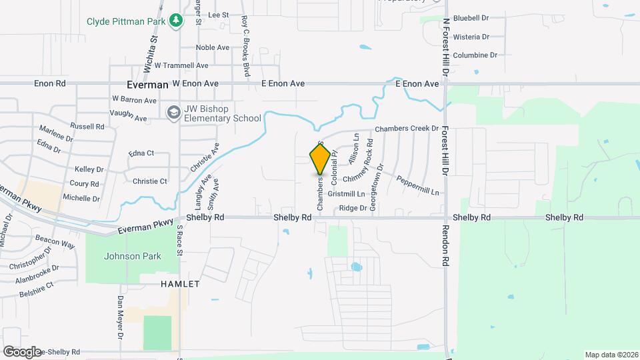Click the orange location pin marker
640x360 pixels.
coord(320,158)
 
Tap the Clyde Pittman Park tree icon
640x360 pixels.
coord(175,21)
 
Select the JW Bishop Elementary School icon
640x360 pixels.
coord(173,112)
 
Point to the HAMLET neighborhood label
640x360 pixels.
coord(180,284)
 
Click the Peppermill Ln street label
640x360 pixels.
coord(418,185)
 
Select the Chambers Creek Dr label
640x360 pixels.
coord(407,128)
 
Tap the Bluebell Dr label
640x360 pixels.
coord(471,18)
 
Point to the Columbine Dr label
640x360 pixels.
coord(475,55)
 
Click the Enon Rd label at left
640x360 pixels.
coord(51,84)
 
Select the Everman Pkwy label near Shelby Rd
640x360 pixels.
coord(146,227)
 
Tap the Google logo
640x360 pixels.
coord(22,351)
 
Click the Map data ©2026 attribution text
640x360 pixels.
coord(610,355)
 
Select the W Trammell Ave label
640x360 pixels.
coord(181,65)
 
